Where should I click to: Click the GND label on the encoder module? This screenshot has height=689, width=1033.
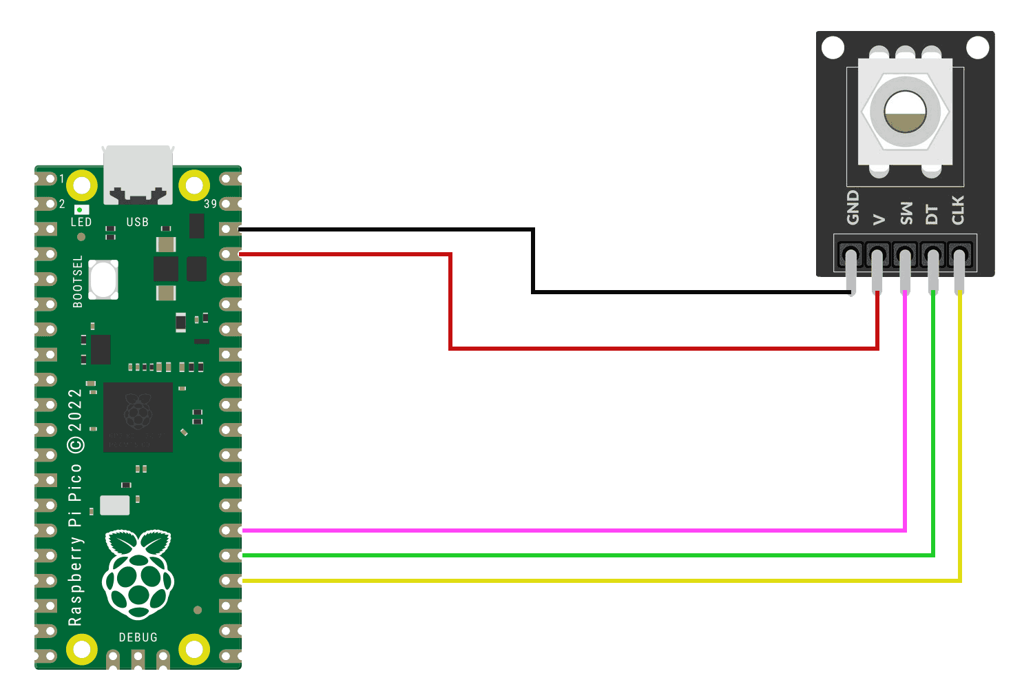coord(853,207)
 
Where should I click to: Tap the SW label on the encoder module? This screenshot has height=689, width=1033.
coord(906,213)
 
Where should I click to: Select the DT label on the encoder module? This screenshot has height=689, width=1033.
coord(932,214)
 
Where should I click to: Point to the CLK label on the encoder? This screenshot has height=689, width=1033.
coord(958,210)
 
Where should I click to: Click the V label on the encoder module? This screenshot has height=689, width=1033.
coord(879,219)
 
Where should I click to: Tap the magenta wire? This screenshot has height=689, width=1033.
coord(551,531)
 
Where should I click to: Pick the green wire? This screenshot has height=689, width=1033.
coord(551,555)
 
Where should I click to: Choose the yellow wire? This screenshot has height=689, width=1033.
coord(551,581)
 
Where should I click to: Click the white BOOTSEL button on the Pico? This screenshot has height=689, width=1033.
coord(103,280)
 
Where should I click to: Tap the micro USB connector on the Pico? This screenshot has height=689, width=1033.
coord(138,174)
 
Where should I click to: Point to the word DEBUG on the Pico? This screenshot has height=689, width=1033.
coord(138,637)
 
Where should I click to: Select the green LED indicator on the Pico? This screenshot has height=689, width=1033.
coord(81,209)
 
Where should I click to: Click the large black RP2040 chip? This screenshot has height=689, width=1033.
coord(138,417)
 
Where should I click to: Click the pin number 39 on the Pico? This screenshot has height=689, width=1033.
coord(210,204)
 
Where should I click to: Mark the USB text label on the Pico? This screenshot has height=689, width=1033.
coord(137,222)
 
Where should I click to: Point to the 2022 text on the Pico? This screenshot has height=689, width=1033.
coord(75,410)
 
